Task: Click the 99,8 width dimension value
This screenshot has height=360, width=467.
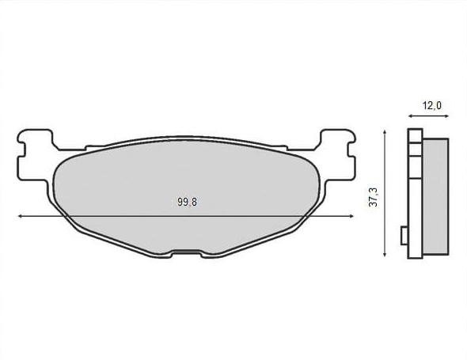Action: pyautogui.click(x=187, y=203)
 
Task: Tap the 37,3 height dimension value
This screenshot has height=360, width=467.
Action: pyautogui.click(x=373, y=197)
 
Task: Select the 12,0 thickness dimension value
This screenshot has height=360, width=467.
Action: pyautogui.click(x=432, y=105)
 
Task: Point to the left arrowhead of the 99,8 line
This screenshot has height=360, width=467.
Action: pyautogui.click(x=21, y=216)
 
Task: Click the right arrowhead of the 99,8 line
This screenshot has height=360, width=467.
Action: pyautogui.click(x=351, y=216)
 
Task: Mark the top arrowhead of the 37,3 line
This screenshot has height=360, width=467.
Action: pyautogui.click(x=385, y=133)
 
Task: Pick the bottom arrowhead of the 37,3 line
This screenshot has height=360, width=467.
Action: pyautogui.click(x=385, y=254)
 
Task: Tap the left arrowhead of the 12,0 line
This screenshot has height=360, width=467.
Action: pyautogui.click(x=411, y=116)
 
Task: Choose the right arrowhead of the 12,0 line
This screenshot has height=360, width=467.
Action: pyautogui.click(x=446, y=116)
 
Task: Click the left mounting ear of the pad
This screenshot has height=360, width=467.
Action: pyautogui.click(x=35, y=155)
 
